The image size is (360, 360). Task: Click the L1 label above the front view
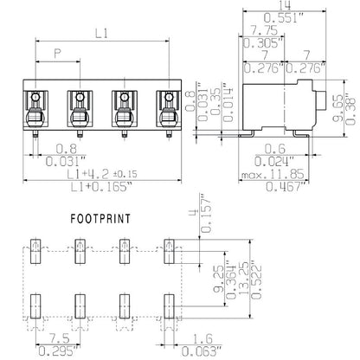(100, 33)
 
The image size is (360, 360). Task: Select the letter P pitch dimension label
(58, 55)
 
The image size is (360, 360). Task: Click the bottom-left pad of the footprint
(35, 305)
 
